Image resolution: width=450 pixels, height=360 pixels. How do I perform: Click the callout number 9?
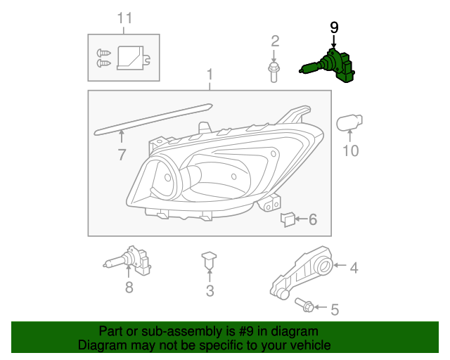pyautogui.click(x=334, y=27)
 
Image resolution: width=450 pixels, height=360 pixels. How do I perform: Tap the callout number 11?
pyautogui.click(x=124, y=18)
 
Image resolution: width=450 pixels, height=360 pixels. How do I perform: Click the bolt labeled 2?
pyautogui.click(x=274, y=70)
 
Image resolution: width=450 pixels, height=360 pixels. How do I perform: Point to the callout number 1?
pyautogui.click(x=209, y=75)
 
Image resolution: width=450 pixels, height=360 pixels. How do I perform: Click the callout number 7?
pyautogui.click(x=122, y=155)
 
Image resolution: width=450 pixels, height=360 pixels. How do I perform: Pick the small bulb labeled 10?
pyautogui.click(x=349, y=125)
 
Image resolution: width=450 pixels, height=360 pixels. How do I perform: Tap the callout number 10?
pyautogui.click(x=350, y=150)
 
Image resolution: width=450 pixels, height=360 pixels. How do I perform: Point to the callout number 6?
pyautogui.click(x=312, y=220)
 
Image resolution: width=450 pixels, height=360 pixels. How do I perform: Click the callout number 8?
pyautogui.click(x=129, y=287)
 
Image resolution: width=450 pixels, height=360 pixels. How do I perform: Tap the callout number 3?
pyautogui.click(x=210, y=291)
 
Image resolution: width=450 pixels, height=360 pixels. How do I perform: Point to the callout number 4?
pyautogui.click(x=354, y=267)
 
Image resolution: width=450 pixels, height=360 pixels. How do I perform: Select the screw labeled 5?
pyautogui.click(x=306, y=306)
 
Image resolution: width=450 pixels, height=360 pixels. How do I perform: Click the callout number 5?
pyautogui.click(x=335, y=309)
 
